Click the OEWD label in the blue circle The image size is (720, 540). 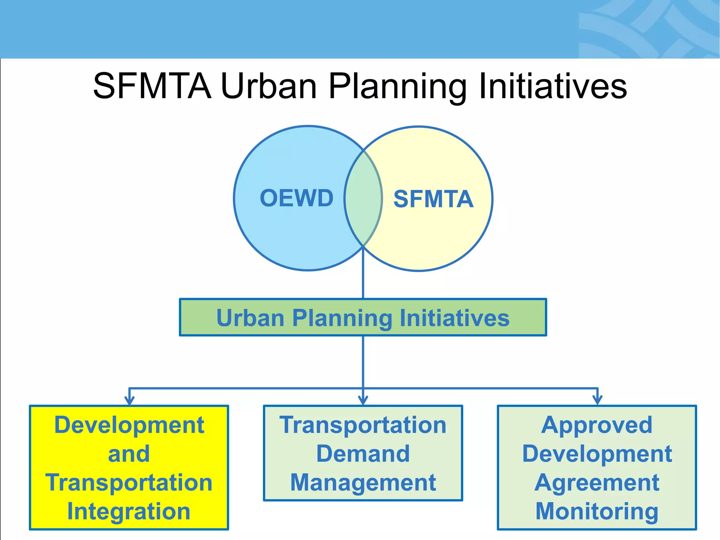(x=296, y=198)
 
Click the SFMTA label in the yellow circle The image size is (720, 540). (x=433, y=199)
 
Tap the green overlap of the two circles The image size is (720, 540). (x=363, y=199)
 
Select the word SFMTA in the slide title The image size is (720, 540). (x=152, y=86)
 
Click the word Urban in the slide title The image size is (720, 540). (x=269, y=86)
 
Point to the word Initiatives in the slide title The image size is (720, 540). (x=553, y=86)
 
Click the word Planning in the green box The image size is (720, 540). (x=342, y=318)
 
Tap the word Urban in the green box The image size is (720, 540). (x=250, y=318)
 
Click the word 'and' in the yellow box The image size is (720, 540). (x=129, y=454)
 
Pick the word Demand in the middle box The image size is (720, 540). (x=363, y=454)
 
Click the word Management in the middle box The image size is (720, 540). (x=363, y=482)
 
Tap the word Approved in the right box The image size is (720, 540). (x=597, y=425)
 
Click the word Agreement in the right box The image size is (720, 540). (x=597, y=482)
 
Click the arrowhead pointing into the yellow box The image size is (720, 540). (x=129, y=400)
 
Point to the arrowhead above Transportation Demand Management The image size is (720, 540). (x=363, y=400)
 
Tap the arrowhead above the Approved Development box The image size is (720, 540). (x=597, y=400)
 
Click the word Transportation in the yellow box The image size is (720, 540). (x=129, y=482)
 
